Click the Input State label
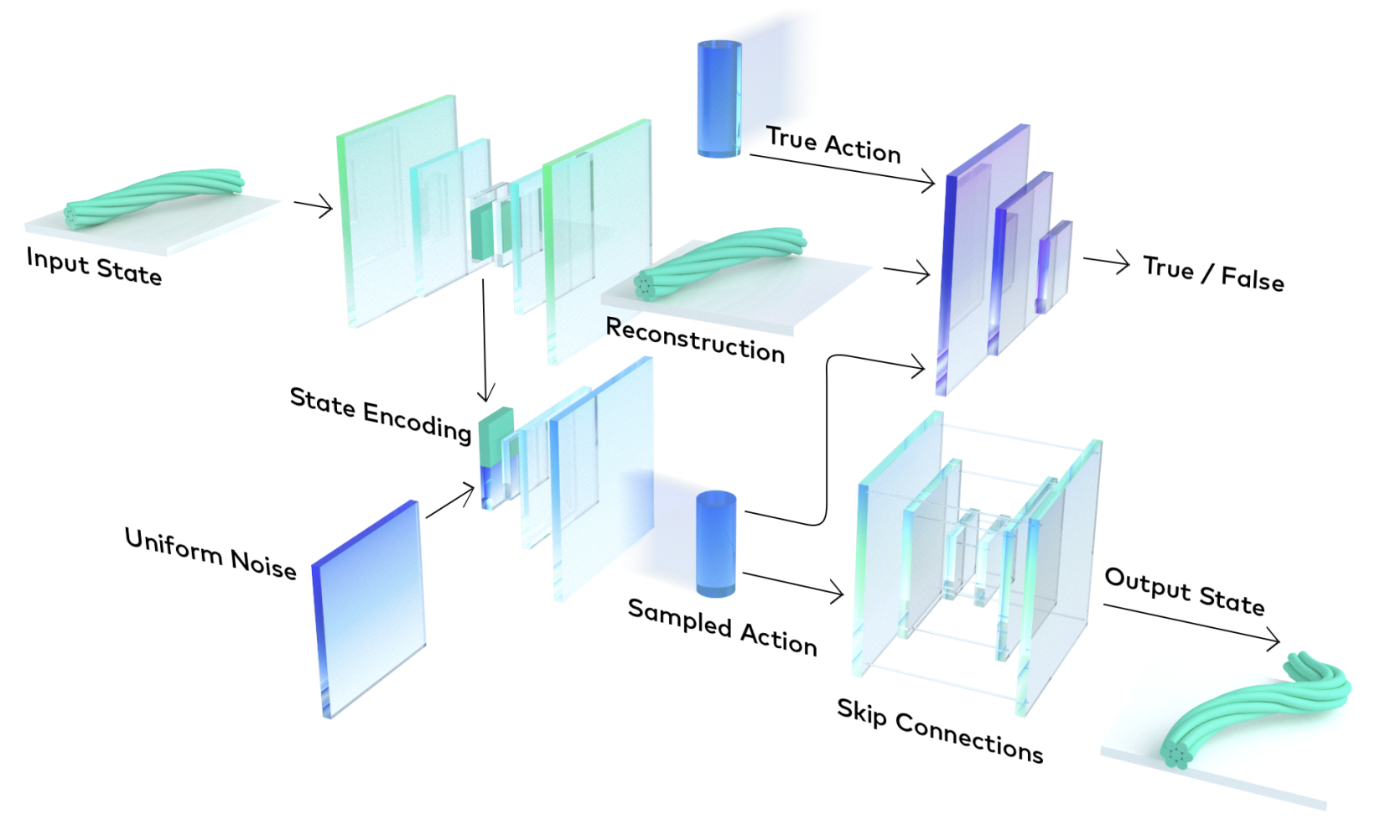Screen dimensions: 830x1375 (94, 267)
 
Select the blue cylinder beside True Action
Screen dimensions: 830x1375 (719, 98)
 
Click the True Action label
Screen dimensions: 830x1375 (833, 145)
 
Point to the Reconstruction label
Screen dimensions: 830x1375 (695, 340)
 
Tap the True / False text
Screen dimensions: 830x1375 (1212, 273)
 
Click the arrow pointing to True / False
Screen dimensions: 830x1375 (1106, 263)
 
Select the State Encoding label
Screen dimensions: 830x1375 (380, 413)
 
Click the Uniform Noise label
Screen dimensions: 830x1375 (210, 554)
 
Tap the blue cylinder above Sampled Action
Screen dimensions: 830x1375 (716, 543)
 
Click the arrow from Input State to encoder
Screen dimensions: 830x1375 (314, 206)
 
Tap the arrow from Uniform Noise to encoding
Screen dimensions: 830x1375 (450, 501)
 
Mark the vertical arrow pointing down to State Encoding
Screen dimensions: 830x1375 (485, 340)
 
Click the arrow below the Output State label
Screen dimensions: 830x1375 (1191, 624)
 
